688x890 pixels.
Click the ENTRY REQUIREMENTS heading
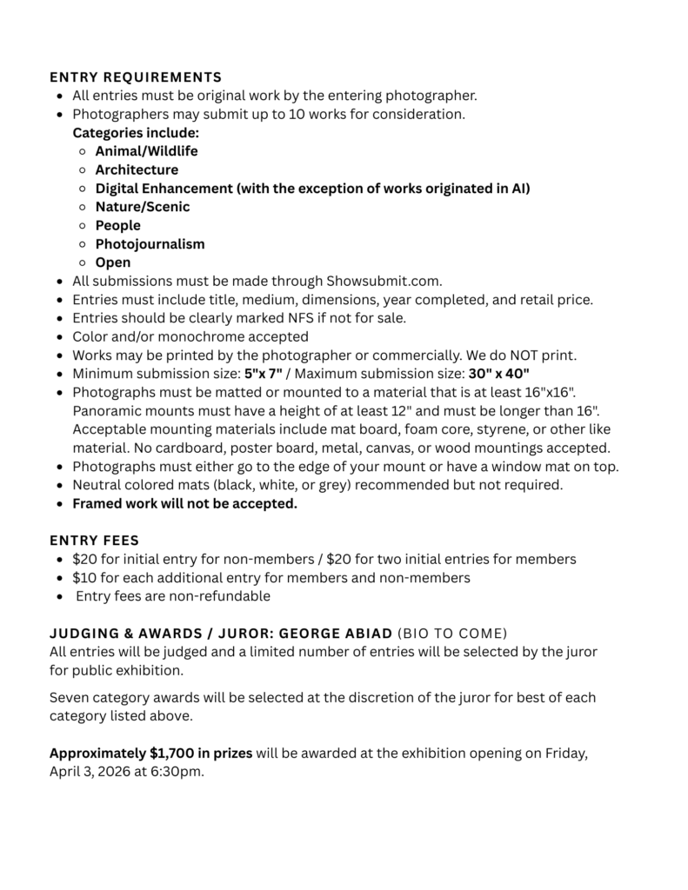click(135, 76)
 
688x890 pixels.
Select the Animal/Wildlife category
click(146, 151)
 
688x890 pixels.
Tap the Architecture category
click(137, 169)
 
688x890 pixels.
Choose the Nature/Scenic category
click(142, 207)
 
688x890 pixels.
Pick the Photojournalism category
click(150, 244)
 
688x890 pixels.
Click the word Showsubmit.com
click(384, 281)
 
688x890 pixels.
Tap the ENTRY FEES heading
click(94, 541)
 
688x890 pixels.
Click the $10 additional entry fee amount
click(84, 578)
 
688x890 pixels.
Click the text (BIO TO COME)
click(452, 633)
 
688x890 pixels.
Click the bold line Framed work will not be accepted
click(184, 504)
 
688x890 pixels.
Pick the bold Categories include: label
click(136, 133)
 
